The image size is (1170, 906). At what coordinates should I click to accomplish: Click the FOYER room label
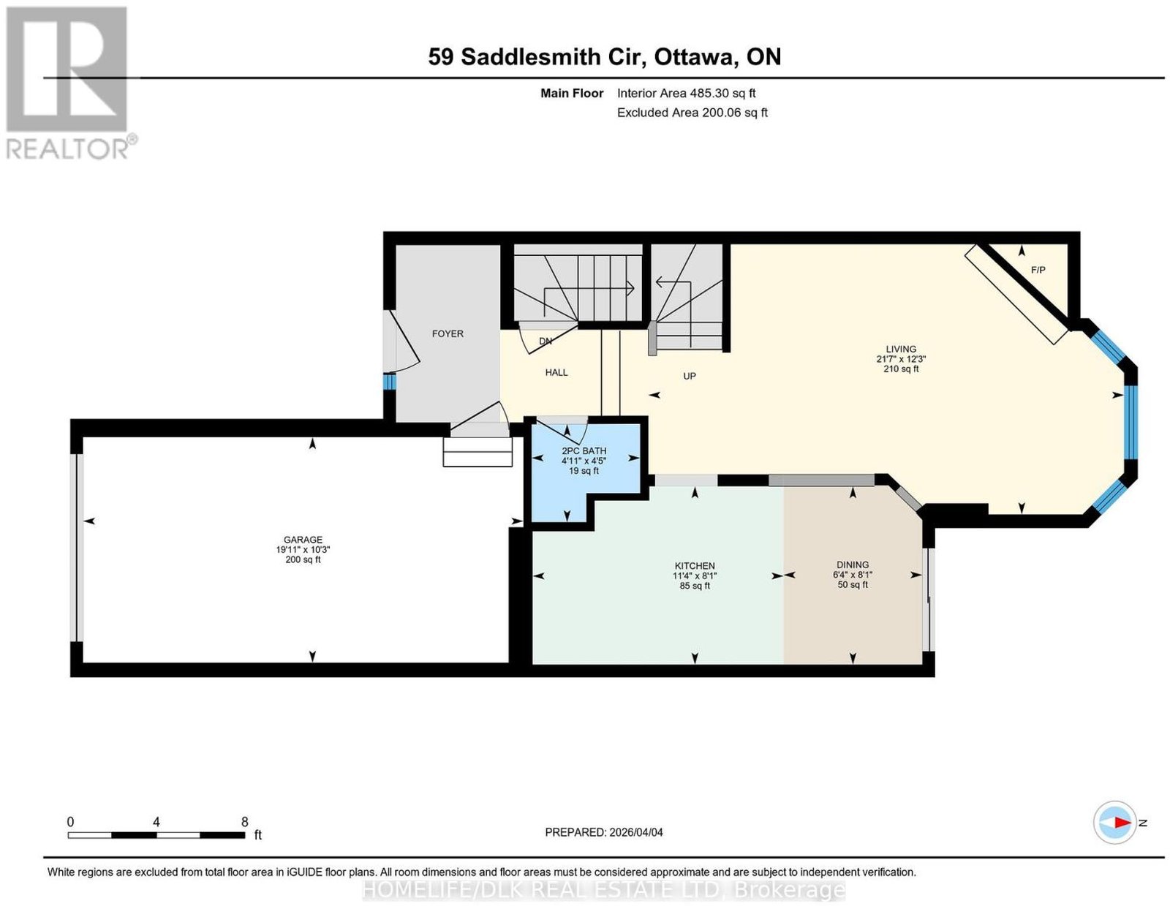click(448, 333)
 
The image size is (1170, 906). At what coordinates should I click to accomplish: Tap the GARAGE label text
click(303, 540)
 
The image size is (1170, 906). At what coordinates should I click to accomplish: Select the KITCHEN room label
click(695, 566)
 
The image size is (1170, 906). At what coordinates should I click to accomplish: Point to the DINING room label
click(853, 565)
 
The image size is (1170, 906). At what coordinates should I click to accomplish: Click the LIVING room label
click(901, 349)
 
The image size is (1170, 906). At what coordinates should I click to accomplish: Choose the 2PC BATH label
click(584, 450)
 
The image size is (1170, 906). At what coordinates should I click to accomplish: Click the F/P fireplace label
click(1038, 270)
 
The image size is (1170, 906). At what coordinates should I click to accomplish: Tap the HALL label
click(556, 372)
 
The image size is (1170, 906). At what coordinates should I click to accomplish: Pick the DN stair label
click(546, 341)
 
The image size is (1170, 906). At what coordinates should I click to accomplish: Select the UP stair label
click(689, 377)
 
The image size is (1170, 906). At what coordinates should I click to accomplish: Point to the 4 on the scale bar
click(156, 822)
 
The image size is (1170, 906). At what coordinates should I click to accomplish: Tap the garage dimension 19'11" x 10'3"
click(303, 550)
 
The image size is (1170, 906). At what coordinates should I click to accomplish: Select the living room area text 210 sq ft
click(901, 369)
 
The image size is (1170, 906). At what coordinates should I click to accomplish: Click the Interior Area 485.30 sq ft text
click(686, 93)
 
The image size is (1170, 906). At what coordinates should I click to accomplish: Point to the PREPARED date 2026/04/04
click(636, 832)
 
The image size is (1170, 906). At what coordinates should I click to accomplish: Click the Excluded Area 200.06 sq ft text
click(692, 113)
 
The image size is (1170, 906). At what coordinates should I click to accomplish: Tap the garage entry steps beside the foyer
click(478, 451)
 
